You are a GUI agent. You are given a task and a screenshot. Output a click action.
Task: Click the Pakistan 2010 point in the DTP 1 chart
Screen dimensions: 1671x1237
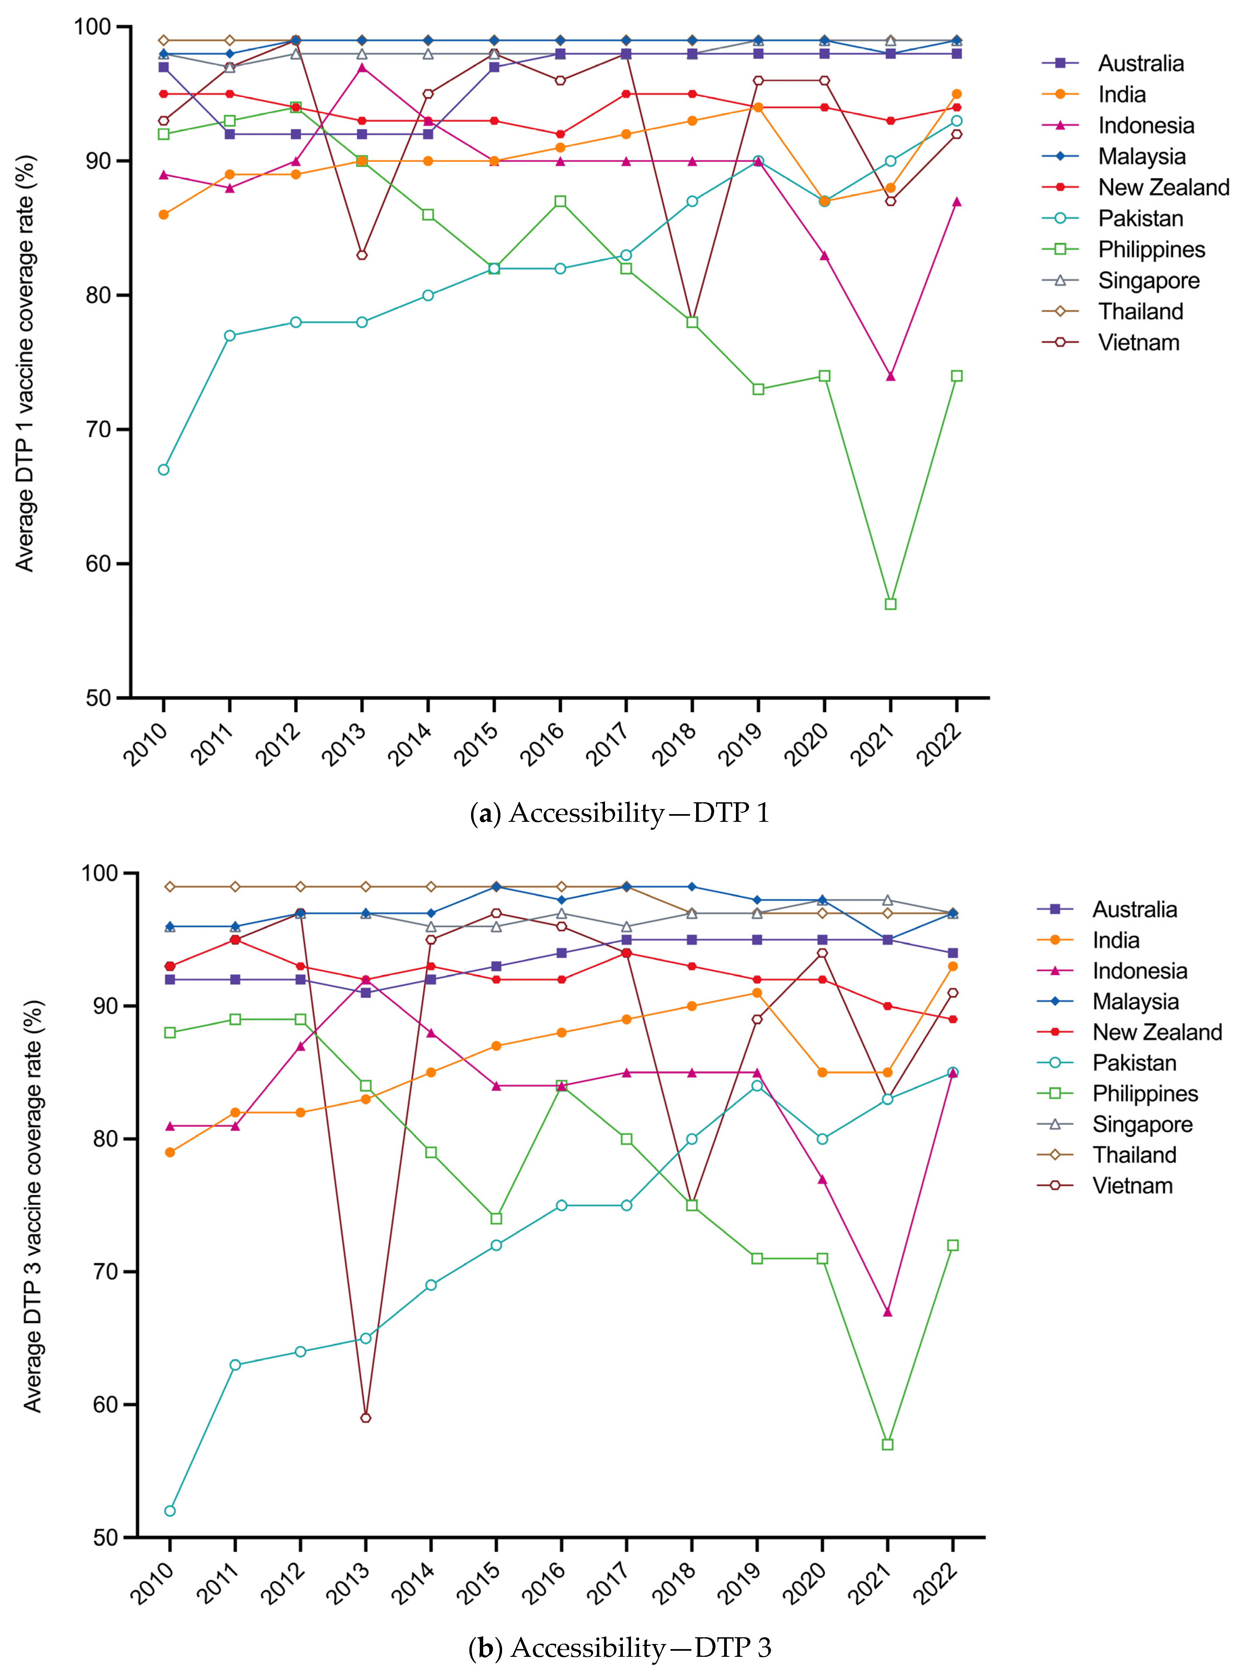click(x=163, y=469)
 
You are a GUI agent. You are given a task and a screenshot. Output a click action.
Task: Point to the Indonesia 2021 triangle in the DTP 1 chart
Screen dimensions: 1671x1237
click(x=890, y=376)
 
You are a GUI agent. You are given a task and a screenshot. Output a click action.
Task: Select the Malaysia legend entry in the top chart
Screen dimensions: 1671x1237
click(x=1141, y=157)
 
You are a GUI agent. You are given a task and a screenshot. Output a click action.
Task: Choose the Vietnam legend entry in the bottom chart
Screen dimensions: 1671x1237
click(x=1132, y=1186)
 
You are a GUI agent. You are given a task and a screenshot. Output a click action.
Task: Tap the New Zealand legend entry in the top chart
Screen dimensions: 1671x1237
click(x=1163, y=187)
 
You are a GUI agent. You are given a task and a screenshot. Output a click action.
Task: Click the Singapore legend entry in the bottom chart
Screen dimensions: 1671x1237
click(x=1142, y=1124)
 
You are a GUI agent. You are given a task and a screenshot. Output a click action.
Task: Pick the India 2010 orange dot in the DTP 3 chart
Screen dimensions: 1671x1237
click(x=170, y=1152)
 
